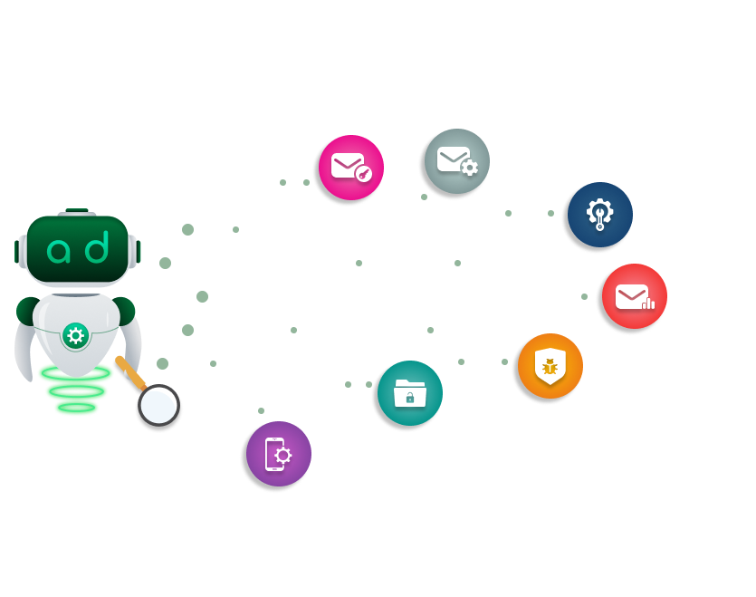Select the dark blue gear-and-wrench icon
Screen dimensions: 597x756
597,215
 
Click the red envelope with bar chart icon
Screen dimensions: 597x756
634,297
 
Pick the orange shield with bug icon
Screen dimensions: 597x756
549,368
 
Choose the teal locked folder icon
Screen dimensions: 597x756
408,396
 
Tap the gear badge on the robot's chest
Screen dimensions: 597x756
76,337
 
